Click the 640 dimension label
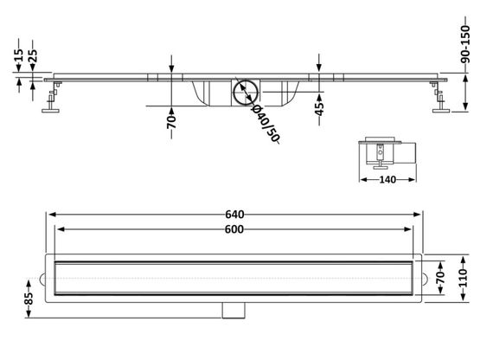234,215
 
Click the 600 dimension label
234,229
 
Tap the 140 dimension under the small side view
387,180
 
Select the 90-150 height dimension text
465,44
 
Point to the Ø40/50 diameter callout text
266,123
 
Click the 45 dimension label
319,109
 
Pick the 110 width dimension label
464,278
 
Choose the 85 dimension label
29,299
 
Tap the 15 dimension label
19,55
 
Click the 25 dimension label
33,55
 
